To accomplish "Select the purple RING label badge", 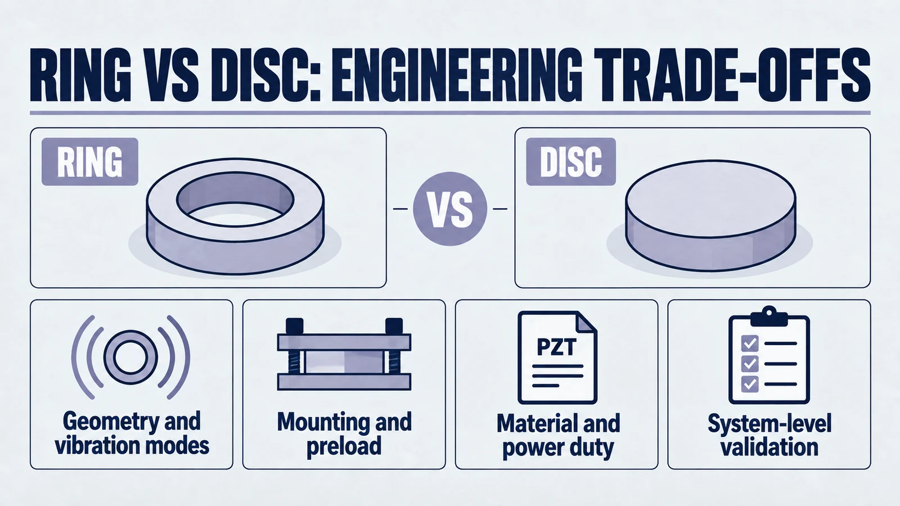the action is (x=90, y=162).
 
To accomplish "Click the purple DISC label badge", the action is (x=571, y=162).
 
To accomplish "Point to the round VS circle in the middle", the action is (x=450, y=209).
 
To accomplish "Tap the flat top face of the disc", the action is (x=710, y=199).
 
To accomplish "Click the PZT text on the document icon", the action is (x=556, y=347).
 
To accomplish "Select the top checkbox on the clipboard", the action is (x=749, y=344).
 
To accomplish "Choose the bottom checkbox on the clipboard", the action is (x=749, y=384).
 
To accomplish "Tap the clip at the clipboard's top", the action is (x=769, y=316).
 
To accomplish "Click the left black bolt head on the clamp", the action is (x=295, y=326).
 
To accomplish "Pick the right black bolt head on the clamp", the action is (x=394, y=326).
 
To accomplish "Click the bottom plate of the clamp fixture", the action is (x=344, y=382).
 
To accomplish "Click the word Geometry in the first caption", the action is (x=105, y=422).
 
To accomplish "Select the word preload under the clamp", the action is (x=344, y=446).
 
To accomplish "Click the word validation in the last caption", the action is (x=769, y=448).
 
